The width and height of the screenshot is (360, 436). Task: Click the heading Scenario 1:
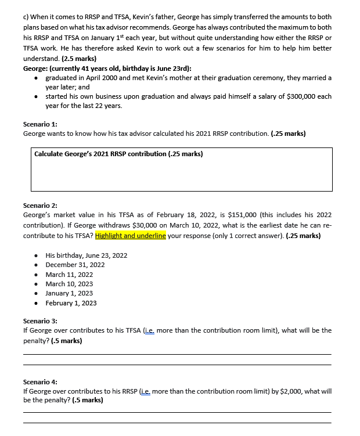(40, 124)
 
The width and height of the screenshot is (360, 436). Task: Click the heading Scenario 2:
(40, 206)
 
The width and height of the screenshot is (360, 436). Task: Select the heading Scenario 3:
(40, 321)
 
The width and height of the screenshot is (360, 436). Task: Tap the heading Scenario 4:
(40, 382)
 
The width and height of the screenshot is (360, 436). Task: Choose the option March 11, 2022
(69, 275)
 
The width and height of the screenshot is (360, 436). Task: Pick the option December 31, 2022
(75, 265)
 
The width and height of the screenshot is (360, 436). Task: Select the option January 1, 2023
(69, 293)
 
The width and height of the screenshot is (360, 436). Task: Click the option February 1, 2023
(71, 303)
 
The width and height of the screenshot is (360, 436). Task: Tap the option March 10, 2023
(69, 284)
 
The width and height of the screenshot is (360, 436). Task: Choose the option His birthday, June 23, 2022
(86, 255)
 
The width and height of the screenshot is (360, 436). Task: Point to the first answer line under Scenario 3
(177, 354)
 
